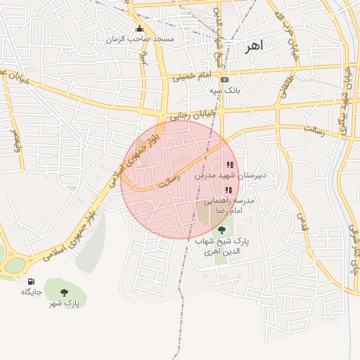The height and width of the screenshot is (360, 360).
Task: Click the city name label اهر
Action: click(253, 47)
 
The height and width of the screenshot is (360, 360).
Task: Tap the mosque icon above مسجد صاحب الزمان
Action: click(139, 29)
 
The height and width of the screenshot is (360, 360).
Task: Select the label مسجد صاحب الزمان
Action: click(139, 39)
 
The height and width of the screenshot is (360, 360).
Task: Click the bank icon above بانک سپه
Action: click(224, 79)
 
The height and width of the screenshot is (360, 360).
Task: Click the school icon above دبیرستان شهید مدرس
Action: click(230, 165)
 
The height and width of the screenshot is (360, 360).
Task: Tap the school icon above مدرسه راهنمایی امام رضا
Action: click(228, 190)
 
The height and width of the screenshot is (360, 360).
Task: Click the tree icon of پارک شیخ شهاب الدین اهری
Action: click(222, 231)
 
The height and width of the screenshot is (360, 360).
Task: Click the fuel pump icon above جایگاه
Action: click(31, 281)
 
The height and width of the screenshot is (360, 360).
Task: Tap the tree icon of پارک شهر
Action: click(64, 292)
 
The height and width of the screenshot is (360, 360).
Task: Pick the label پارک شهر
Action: click(64, 303)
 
